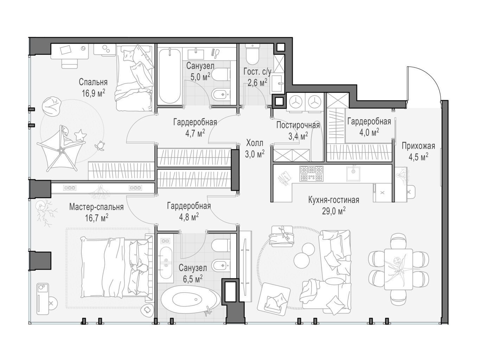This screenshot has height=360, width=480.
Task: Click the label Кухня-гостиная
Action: (x=333, y=200)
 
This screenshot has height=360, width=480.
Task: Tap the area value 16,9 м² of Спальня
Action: (x=94, y=93)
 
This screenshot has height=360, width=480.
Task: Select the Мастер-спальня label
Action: (x=96, y=207)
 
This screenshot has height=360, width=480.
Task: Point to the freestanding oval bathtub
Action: (x=191, y=300)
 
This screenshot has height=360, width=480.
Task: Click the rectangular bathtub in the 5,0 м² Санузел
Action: (x=170, y=76)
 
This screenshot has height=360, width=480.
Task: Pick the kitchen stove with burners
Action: (x=312, y=173)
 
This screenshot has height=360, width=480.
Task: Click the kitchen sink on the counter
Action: (x=353, y=173)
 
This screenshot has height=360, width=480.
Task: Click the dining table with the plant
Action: (x=398, y=269)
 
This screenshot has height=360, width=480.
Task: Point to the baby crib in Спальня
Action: (x=61, y=148)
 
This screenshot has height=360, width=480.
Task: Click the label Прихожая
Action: (x=418, y=146)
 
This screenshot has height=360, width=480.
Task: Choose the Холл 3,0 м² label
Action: (x=255, y=149)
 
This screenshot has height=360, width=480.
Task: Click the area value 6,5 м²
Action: (x=192, y=279)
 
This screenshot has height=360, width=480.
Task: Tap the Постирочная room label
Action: (x=298, y=125)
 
